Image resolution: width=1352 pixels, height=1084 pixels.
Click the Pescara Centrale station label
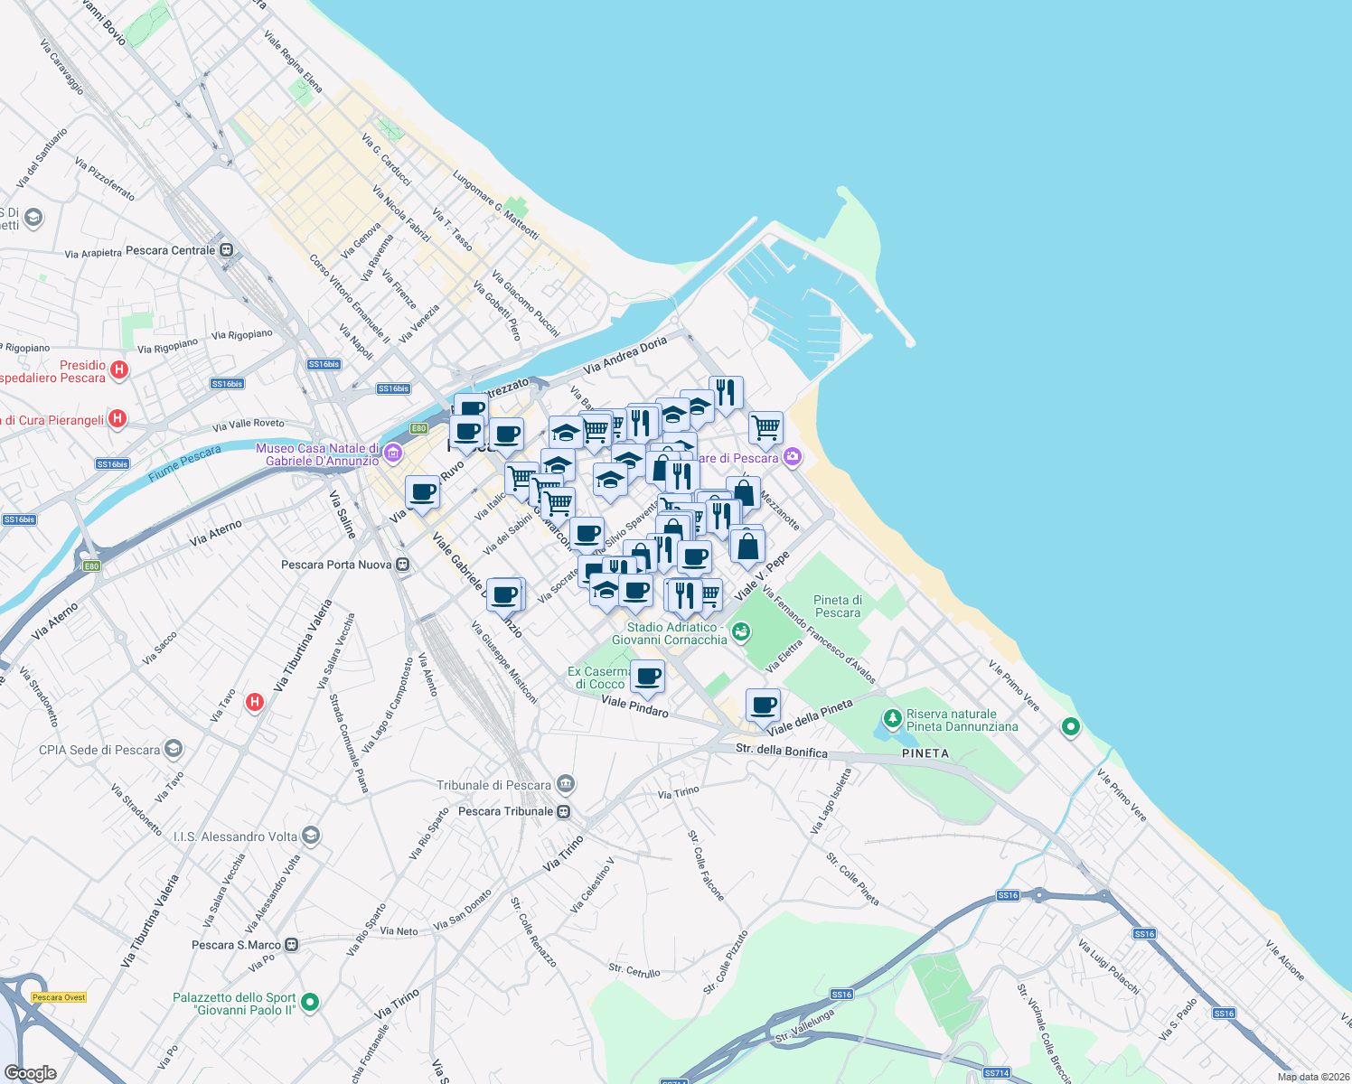tap(171, 250)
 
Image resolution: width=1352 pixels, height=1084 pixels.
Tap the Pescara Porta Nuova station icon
tap(403, 565)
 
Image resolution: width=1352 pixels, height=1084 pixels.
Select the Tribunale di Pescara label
tap(493, 785)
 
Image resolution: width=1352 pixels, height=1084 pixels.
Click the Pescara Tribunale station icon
tap(564, 811)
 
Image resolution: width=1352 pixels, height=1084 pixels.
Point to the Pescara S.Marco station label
tap(236, 945)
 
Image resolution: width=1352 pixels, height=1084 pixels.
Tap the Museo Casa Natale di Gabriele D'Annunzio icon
tap(393, 453)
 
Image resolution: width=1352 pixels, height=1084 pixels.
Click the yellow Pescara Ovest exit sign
tap(59, 997)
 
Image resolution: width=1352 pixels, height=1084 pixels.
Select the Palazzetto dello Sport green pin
tap(310, 1002)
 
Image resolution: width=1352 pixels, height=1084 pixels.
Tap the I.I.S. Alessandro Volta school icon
tap(312, 835)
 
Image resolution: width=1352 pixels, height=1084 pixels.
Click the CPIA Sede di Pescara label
tap(99, 750)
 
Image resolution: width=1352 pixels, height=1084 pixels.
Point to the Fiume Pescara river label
tap(184, 463)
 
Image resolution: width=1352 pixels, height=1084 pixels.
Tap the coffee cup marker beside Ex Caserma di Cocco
tap(648, 675)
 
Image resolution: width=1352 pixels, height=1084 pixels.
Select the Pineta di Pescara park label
tap(838, 606)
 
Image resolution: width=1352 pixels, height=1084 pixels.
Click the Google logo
tap(30, 1072)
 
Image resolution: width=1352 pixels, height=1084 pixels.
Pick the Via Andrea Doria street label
tap(624, 355)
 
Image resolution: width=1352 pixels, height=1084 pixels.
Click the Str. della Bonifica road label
tap(781, 751)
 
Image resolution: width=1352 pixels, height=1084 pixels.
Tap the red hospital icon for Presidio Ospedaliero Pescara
tap(119, 369)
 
